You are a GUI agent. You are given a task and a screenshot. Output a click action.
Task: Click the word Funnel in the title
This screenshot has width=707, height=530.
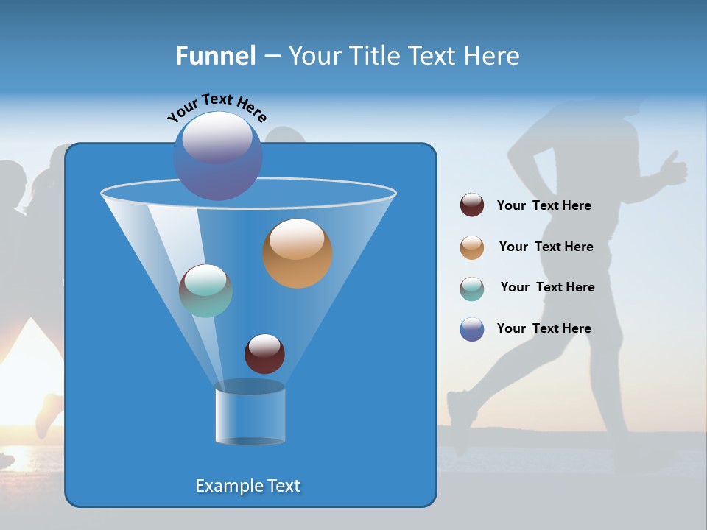pyautogui.click(x=216, y=56)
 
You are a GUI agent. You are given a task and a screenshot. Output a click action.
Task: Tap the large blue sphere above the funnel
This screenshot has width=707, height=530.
pyautogui.click(x=217, y=155)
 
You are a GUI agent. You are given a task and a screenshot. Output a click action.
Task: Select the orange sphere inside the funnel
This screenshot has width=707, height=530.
pyautogui.click(x=298, y=253)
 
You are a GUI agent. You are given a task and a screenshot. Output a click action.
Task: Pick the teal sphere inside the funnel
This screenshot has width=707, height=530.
pyautogui.click(x=205, y=291)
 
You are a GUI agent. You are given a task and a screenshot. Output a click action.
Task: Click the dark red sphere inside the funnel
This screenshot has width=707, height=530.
pyautogui.click(x=264, y=354)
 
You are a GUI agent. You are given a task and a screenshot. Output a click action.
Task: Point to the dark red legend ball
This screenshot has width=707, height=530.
pyautogui.click(x=472, y=205)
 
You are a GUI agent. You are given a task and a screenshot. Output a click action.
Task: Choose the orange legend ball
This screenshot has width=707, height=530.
pyautogui.click(x=472, y=247)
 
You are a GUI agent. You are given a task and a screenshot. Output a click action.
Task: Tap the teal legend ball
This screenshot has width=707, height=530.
pyautogui.click(x=472, y=288)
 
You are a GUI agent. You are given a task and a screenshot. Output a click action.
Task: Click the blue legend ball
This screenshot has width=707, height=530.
pyautogui.click(x=472, y=329)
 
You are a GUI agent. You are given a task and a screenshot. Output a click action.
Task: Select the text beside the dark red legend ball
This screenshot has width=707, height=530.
pyautogui.click(x=544, y=206)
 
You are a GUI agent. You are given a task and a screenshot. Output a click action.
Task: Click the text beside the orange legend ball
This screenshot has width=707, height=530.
pyautogui.click(x=546, y=247)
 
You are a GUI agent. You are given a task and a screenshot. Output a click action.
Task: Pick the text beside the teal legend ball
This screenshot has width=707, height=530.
pyautogui.click(x=547, y=288)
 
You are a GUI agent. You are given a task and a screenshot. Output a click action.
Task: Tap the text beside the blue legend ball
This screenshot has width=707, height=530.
pyautogui.click(x=544, y=329)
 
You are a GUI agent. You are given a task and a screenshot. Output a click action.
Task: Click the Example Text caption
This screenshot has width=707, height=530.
pyautogui.click(x=248, y=486)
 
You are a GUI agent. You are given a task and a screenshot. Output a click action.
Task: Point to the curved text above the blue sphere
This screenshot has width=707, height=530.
pyautogui.click(x=217, y=107)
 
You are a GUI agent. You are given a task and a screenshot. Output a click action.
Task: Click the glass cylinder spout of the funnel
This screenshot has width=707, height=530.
pyautogui.click(x=250, y=414)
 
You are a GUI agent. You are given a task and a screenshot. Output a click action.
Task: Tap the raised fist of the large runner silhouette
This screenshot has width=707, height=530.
pyautogui.click(x=673, y=168)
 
